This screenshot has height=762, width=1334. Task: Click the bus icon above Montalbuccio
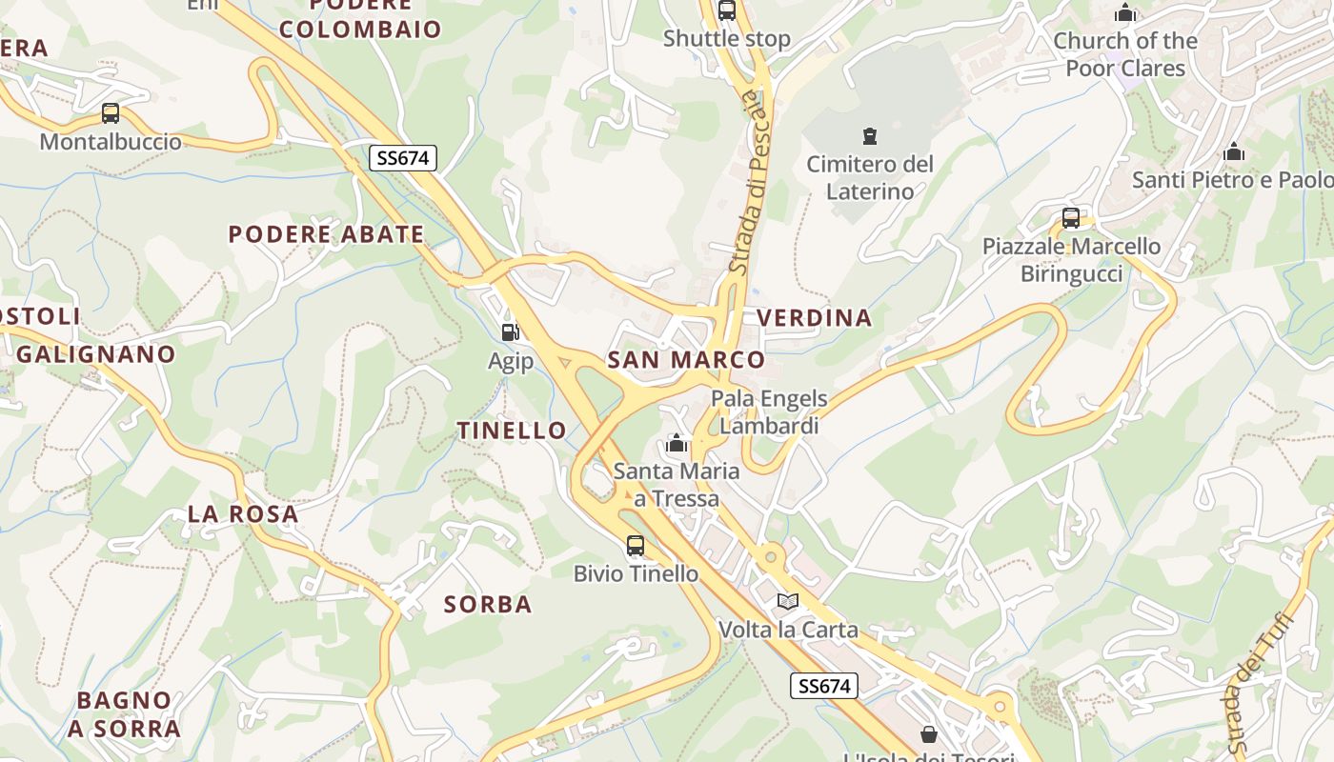[x=111, y=113]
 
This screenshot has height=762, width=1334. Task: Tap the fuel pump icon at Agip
[x=511, y=332]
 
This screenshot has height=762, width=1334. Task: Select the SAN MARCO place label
[x=686, y=359]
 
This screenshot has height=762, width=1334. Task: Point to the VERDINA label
[x=814, y=317]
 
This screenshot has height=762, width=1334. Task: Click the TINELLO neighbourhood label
[x=513, y=430]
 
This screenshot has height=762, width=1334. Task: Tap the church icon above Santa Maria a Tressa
[x=677, y=443]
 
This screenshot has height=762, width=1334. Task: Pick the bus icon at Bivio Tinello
[x=636, y=546]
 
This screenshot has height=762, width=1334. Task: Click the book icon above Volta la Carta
[x=787, y=601]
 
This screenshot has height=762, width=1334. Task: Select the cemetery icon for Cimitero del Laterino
[x=869, y=136]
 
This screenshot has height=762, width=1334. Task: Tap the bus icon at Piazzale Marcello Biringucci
[x=1071, y=218]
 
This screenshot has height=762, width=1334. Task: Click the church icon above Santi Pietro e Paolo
[x=1234, y=151]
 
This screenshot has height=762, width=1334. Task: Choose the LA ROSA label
[x=243, y=513]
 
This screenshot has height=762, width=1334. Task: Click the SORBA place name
[x=488, y=604]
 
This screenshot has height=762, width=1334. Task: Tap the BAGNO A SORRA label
[x=124, y=714]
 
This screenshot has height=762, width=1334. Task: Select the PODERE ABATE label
[x=326, y=233]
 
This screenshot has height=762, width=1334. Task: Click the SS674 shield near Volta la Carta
[x=824, y=685]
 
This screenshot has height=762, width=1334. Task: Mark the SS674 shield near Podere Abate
[x=403, y=158]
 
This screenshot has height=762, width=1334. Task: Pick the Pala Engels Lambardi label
[x=769, y=411]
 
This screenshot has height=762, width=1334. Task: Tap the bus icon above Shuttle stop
[x=727, y=10]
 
